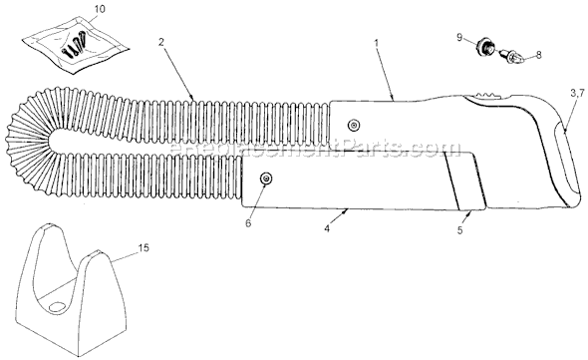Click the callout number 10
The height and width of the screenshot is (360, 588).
click(x=100, y=9)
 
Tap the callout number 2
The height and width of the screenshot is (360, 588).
click(x=160, y=42)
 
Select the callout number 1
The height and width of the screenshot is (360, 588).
click(x=376, y=43)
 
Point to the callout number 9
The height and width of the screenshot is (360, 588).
click(x=460, y=37)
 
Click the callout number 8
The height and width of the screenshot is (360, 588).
click(x=539, y=55)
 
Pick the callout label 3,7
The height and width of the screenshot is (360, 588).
click(x=577, y=94)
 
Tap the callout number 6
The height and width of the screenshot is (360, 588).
click(x=248, y=223)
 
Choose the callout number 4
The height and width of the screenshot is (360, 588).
click(x=327, y=228)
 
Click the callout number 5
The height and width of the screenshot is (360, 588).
click(x=460, y=230)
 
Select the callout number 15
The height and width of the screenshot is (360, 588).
click(x=144, y=247)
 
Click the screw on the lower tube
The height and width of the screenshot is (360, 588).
click(x=267, y=179)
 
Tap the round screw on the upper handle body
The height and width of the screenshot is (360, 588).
click(x=353, y=126)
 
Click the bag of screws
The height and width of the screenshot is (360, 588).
click(x=75, y=44)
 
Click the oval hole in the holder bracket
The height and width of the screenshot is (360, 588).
click(x=58, y=306)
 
